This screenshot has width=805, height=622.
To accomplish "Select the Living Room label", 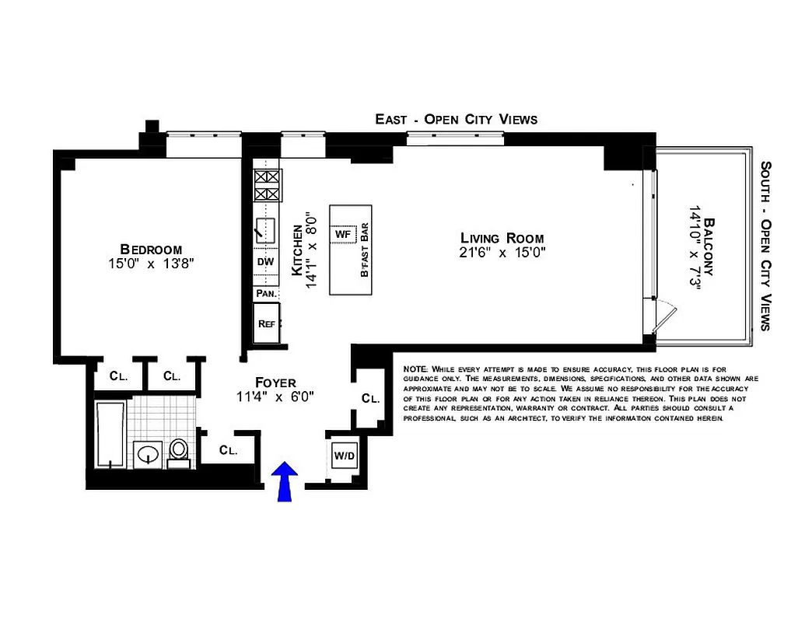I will pyautogui.click(x=502, y=239).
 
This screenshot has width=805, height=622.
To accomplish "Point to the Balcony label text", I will pyautogui.click(x=708, y=249).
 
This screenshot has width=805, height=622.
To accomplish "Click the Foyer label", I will pyautogui.click(x=275, y=383).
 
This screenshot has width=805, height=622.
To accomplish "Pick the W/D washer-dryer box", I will pyautogui.click(x=344, y=455).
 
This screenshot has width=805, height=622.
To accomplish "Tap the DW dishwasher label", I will pyautogui.click(x=265, y=262).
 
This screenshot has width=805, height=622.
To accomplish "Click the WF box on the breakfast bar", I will pyautogui.click(x=343, y=233).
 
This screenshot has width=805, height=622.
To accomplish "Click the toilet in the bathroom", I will pyautogui.click(x=179, y=452).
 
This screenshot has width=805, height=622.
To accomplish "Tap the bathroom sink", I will pyautogui.click(x=147, y=453).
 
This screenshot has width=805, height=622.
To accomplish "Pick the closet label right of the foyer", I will pyautogui.click(x=371, y=398).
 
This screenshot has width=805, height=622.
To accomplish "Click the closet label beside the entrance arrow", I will pyautogui.click(x=227, y=449).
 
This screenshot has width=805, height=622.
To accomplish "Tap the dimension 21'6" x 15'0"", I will pyautogui.click(x=502, y=253).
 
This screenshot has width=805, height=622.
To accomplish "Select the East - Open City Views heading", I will pyautogui.click(x=456, y=119).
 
